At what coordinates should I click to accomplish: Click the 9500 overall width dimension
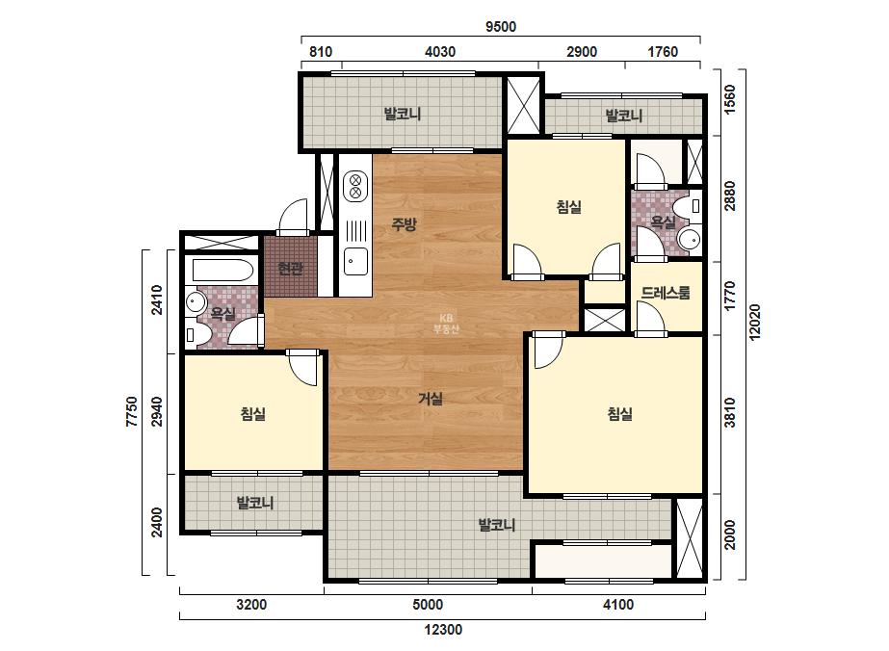501,27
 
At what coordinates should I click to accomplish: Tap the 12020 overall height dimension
754,322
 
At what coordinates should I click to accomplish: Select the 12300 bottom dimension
443,630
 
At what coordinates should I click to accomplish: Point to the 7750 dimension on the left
132,412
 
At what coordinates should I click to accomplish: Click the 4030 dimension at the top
440,52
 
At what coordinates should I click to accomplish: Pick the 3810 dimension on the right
730,412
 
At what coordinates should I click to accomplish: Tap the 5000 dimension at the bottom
428,605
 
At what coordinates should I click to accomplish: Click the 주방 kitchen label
405,224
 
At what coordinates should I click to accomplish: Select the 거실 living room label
431,399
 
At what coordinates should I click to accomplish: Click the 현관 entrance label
290,268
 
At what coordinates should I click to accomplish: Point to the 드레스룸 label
666,293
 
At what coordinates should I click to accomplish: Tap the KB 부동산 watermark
446,324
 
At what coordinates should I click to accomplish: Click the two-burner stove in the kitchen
355,187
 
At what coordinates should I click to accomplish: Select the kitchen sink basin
355,261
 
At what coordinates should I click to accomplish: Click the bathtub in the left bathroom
222,271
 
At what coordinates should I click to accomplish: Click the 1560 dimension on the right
730,98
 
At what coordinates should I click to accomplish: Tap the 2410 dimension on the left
157,299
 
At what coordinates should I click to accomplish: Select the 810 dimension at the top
321,52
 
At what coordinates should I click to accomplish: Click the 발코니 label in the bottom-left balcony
255,503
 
